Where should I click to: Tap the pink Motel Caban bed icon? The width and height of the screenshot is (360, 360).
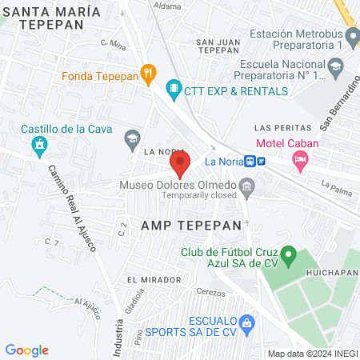(300, 161)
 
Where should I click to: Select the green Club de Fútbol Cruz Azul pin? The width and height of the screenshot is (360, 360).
(291, 258)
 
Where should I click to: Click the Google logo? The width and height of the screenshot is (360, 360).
(26, 350)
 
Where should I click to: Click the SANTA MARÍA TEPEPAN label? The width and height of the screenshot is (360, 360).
(52, 18)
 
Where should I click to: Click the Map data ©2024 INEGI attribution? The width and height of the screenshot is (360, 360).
(312, 353)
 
